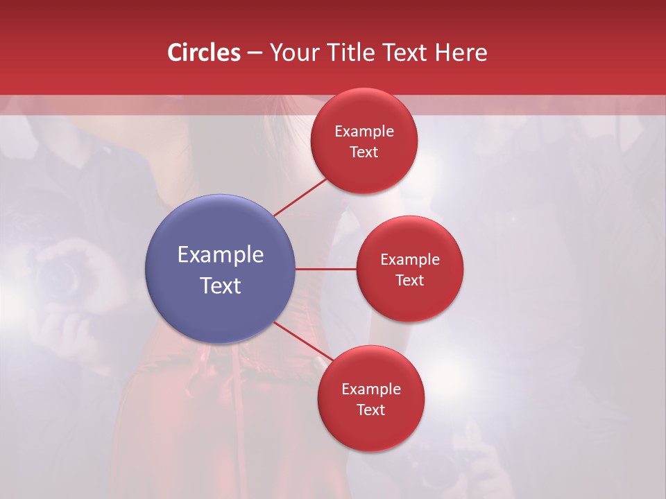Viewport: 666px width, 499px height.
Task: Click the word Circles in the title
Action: (203, 53)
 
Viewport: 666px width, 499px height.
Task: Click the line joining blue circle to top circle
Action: (301, 197)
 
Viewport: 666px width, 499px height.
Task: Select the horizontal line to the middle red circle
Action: (326, 269)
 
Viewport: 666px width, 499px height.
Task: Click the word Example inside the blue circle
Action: (221, 255)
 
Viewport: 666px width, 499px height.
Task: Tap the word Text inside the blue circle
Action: (221, 286)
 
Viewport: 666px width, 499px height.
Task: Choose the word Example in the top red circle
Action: (364, 131)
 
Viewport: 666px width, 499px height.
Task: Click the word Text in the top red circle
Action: (364, 152)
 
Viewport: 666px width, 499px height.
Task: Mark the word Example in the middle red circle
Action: (410, 259)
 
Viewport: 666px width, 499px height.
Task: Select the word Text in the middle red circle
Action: (410, 280)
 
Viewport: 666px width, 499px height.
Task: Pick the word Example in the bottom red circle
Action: (371, 389)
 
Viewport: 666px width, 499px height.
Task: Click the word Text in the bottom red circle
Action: (371, 410)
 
